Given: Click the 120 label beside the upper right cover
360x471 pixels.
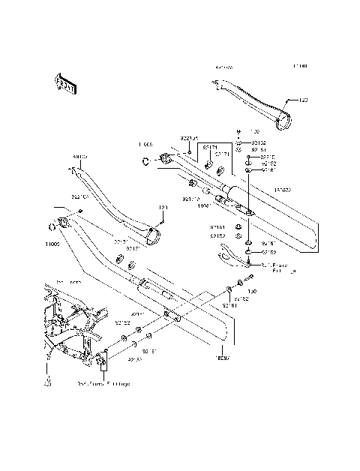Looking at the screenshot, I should [x=303, y=100].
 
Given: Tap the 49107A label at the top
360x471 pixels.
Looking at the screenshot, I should [x=223, y=67].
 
